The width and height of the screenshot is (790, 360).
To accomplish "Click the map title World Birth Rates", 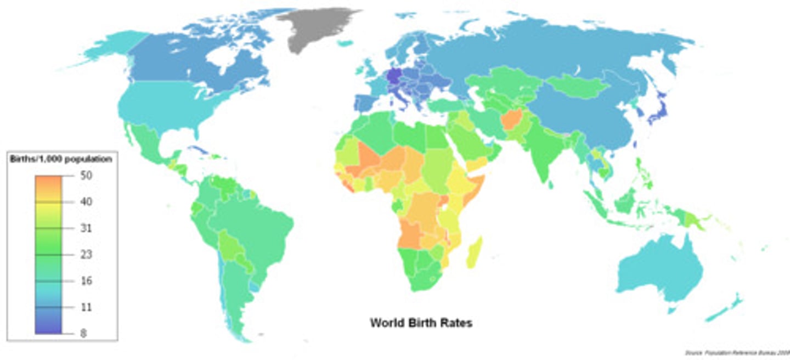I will tap(421, 323).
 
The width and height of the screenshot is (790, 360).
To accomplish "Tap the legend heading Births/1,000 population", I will tap(61, 160).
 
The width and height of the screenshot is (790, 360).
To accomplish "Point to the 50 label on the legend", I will tap(86, 176).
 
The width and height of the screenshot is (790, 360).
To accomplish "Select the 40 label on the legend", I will tap(86, 202).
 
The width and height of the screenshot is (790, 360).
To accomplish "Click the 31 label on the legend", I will tap(86, 228).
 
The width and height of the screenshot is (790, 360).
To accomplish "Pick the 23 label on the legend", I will tap(86, 255).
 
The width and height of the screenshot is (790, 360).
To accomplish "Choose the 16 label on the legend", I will tap(86, 281).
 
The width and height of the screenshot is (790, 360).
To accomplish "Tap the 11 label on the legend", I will tap(86, 307).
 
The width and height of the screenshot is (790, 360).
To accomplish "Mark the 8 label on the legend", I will tap(83, 333).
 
